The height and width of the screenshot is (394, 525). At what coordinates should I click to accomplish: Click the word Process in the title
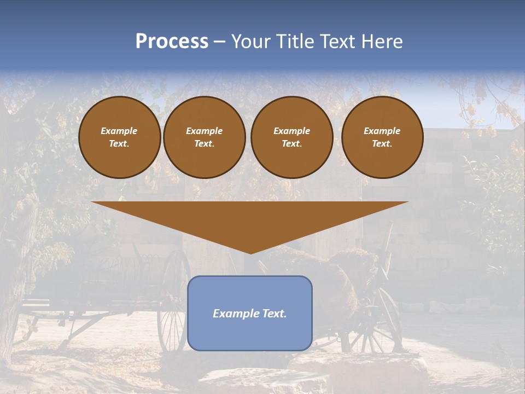(x=172, y=42)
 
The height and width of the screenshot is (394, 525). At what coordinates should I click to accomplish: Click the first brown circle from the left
(x=119, y=137)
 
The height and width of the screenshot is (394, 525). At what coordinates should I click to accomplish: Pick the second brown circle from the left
(x=204, y=137)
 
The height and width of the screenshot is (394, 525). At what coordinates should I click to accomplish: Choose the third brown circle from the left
(x=291, y=137)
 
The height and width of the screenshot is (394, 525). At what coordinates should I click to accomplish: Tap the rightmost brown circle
(x=382, y=137)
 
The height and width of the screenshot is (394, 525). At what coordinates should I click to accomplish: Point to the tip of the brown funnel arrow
(x=250, y=253)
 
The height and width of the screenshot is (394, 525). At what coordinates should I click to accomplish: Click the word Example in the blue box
(x=234, y=314)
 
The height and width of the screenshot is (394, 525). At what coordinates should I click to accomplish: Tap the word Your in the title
(x=250, y=42)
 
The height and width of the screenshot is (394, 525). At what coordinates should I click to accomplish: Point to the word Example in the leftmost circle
(x=119, y=131)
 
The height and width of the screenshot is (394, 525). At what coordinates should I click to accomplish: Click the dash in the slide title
(x=220, y=42)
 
